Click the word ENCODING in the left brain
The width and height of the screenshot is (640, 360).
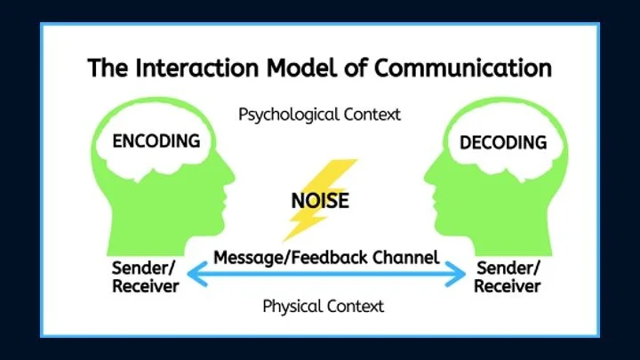click(x=156, y=140)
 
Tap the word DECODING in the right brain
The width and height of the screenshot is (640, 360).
click(x=502, y=142)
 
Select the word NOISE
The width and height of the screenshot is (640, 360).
click(x=320, y=200)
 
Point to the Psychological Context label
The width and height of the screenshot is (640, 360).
click(x=320, y=114)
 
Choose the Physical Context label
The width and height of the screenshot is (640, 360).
click(x=324, y=306)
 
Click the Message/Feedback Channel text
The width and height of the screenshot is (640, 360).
click(x=326, y=258)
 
